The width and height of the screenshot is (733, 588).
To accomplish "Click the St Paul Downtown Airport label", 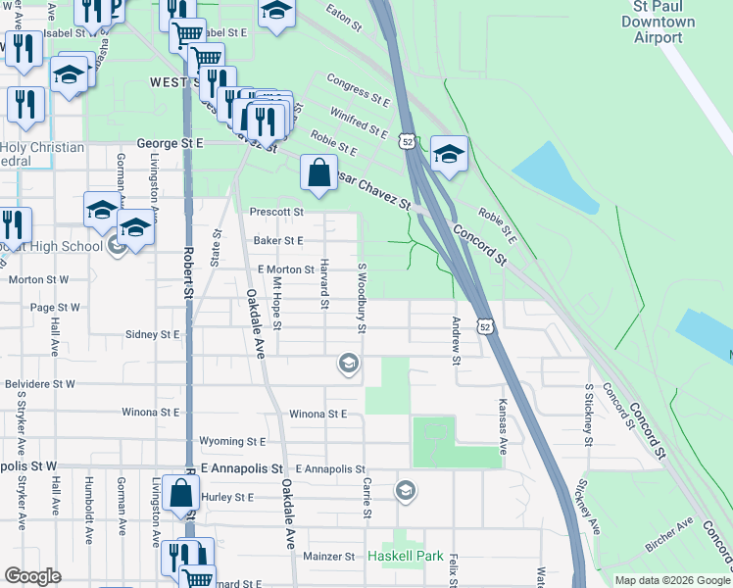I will pyautogui.click(x=658, y=22).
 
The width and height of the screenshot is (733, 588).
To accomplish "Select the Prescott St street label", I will pyautogui.click(x=277, y=211).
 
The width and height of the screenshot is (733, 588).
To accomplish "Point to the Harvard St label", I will pyautogui.click(x=323, y=284).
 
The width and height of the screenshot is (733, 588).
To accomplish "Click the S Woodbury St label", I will pyautogui.click(x=362, y=297).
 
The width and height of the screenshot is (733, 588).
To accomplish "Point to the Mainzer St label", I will pyautogui.click(x=328, y=557).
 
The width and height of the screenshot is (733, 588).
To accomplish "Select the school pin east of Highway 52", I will pyautogui.click(x=449, y=155).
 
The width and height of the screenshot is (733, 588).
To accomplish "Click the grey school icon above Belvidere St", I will pyautogui.click(x=347, y=364).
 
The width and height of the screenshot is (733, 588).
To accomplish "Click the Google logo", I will pyautogui.click(x=32, y=577).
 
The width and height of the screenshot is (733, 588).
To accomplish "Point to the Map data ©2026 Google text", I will pyautogui.click(x=672, y=580).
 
